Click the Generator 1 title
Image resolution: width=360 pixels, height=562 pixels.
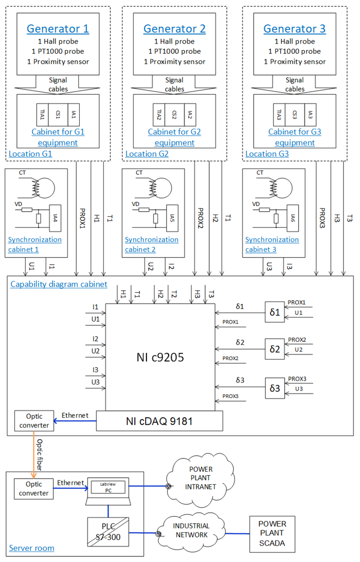click(58, 29)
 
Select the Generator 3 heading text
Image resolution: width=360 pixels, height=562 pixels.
click(294, 29)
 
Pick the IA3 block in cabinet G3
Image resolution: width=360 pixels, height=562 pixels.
click(310, 114)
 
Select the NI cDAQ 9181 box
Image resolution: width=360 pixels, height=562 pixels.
click(159, 421)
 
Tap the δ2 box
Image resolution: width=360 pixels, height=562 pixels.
click(275, 349)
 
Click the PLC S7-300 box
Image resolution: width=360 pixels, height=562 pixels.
click(108, 530)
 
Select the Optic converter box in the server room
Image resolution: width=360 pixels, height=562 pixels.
click(34, 488)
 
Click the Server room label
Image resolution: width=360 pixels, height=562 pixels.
click(32, 548)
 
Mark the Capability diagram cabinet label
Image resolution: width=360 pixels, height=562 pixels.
click(59, 284)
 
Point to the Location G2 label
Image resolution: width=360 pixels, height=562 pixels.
click(147, 154)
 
